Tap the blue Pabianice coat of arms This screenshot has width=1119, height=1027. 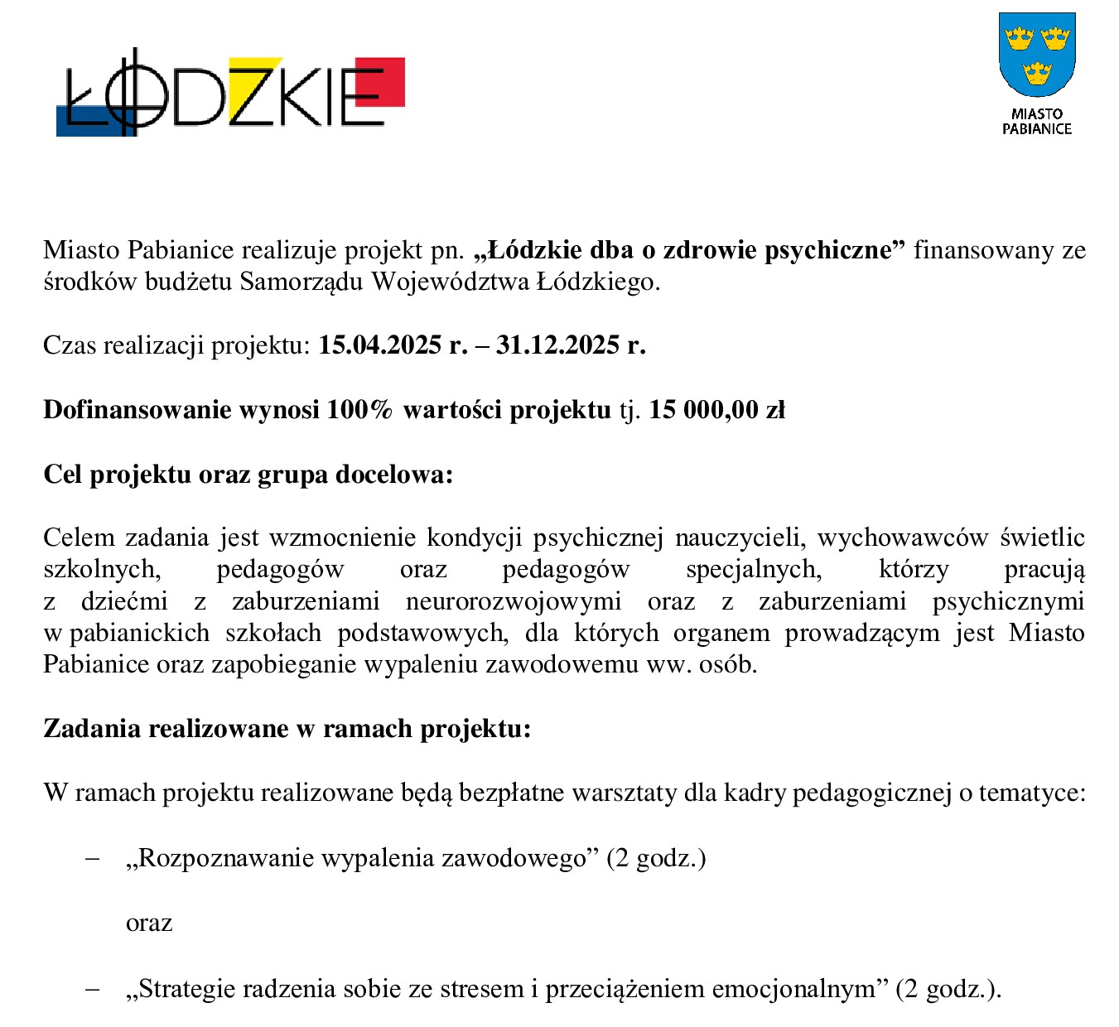point(1036,55)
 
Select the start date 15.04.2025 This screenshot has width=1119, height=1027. point(380,345)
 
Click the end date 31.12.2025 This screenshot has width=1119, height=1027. point(557,345)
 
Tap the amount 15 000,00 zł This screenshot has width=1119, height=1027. point(716,410)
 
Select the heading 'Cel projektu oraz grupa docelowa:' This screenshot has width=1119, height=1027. point(248,475)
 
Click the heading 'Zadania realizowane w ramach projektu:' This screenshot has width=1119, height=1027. point(287,729)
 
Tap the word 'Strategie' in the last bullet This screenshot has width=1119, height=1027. point(186,989)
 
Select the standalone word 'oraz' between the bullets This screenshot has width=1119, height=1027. point(149,923)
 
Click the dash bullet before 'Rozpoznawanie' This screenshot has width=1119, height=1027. point(93,859)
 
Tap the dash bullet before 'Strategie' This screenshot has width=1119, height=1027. point(93,990)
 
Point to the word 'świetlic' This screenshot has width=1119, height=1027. point(1042,538)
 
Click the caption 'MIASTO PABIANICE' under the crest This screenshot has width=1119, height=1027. point(1036,121)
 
